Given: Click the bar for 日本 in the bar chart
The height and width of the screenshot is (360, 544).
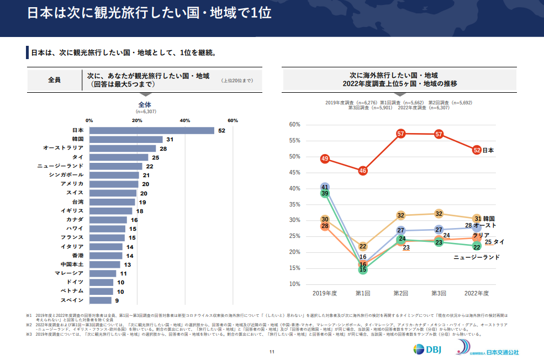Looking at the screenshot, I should click(151, 130).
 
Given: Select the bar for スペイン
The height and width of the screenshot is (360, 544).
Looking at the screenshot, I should click(100, 300).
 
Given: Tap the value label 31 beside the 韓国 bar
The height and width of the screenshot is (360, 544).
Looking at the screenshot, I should click(170, 139).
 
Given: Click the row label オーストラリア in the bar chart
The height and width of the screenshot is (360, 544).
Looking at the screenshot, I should click(64, 148).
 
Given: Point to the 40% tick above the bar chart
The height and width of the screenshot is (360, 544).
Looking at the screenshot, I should click(185, 120).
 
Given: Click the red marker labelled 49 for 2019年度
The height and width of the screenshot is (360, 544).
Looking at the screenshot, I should click(325, 159).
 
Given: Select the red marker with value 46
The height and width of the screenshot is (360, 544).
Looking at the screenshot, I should click(363, 171).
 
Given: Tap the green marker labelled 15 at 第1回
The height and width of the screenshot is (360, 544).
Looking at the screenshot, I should click(363, 270).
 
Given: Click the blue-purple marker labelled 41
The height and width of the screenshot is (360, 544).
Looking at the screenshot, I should click(325, 188).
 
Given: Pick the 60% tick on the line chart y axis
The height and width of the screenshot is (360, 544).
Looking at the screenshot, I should click(294, 125).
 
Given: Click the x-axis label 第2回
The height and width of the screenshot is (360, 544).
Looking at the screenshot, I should click(401, 293).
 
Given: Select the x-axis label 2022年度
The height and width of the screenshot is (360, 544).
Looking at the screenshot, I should click(477, 293).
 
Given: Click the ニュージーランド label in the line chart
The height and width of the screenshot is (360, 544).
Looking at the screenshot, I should click(476, 257).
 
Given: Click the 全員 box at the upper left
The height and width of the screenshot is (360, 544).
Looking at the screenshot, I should click(54, 80).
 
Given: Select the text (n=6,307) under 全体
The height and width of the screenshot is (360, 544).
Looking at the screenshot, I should click(145, 112).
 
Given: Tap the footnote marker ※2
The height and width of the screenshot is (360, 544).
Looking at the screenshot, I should click(29, 325).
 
